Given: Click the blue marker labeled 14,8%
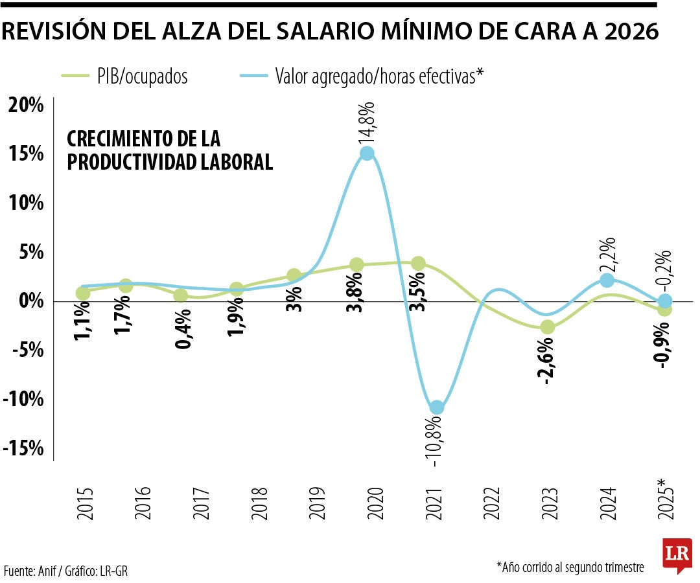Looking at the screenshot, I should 367,154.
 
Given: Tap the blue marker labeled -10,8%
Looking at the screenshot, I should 437,407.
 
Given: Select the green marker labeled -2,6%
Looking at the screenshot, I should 548,327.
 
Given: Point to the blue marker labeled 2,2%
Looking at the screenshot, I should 607,280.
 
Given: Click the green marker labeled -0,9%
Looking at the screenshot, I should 665,310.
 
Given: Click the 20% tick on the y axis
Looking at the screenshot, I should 26,105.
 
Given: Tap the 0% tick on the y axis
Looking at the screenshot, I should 31,301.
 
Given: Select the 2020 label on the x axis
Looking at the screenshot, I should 375,503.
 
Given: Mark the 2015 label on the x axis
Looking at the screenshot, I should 84,503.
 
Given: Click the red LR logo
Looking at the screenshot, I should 677,554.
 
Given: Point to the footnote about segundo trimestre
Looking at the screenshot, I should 570,567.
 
